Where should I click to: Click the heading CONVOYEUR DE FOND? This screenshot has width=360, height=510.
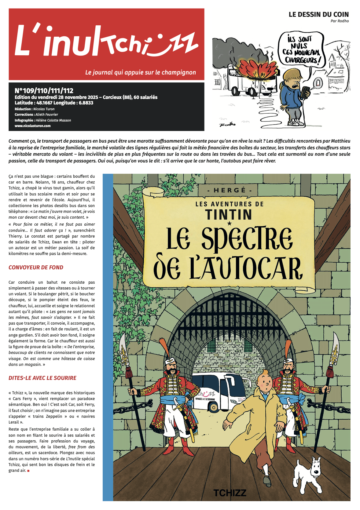tap(36, 268)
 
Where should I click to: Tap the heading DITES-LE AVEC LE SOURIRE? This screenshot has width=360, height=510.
tap(42, 378)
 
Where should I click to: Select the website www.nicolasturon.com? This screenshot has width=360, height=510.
tap(33, 126)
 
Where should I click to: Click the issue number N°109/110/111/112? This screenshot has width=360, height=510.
tap(44, 90)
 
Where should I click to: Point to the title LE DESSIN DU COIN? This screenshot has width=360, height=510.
tap(318, 14)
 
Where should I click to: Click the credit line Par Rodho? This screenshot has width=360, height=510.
tap(340, 21)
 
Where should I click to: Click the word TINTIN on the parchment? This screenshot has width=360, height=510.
tap(229, 214)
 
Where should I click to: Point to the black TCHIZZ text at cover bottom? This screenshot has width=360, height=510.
tap(230, 493)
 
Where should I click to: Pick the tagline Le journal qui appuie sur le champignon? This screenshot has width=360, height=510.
tap(141, 72)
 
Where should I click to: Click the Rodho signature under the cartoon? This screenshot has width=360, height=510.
tap(228, 124)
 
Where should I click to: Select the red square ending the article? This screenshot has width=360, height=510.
tap(28, 471)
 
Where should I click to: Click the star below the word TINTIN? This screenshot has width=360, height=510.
tap(229, 224)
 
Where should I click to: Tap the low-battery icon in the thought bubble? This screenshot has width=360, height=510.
tap(318, 82)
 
